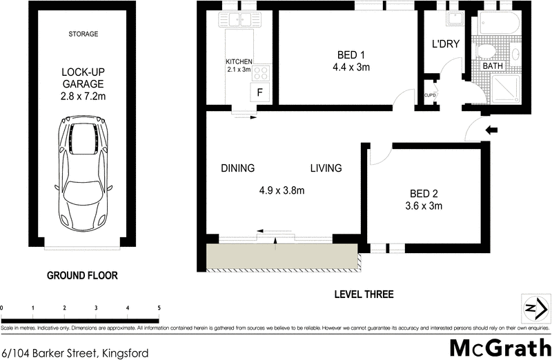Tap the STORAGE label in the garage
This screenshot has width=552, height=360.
tap(83, 34)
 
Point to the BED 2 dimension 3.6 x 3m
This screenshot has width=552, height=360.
tap(424, 205)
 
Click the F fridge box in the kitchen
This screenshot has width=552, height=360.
tap(260, 92)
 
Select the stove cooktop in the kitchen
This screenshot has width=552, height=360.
tap(262, 72)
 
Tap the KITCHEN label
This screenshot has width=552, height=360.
tap(239, 61)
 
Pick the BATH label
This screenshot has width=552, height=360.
tap(493, 66)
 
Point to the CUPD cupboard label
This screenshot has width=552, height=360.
tap(429, 94)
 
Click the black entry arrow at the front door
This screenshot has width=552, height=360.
tap(492, 130)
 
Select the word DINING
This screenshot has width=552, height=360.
tap(238, 168)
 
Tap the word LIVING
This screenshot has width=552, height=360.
tap(326, 168)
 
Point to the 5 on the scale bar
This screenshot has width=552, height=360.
tap(159, 308)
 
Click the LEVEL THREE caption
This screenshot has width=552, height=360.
tap(364, 294)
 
